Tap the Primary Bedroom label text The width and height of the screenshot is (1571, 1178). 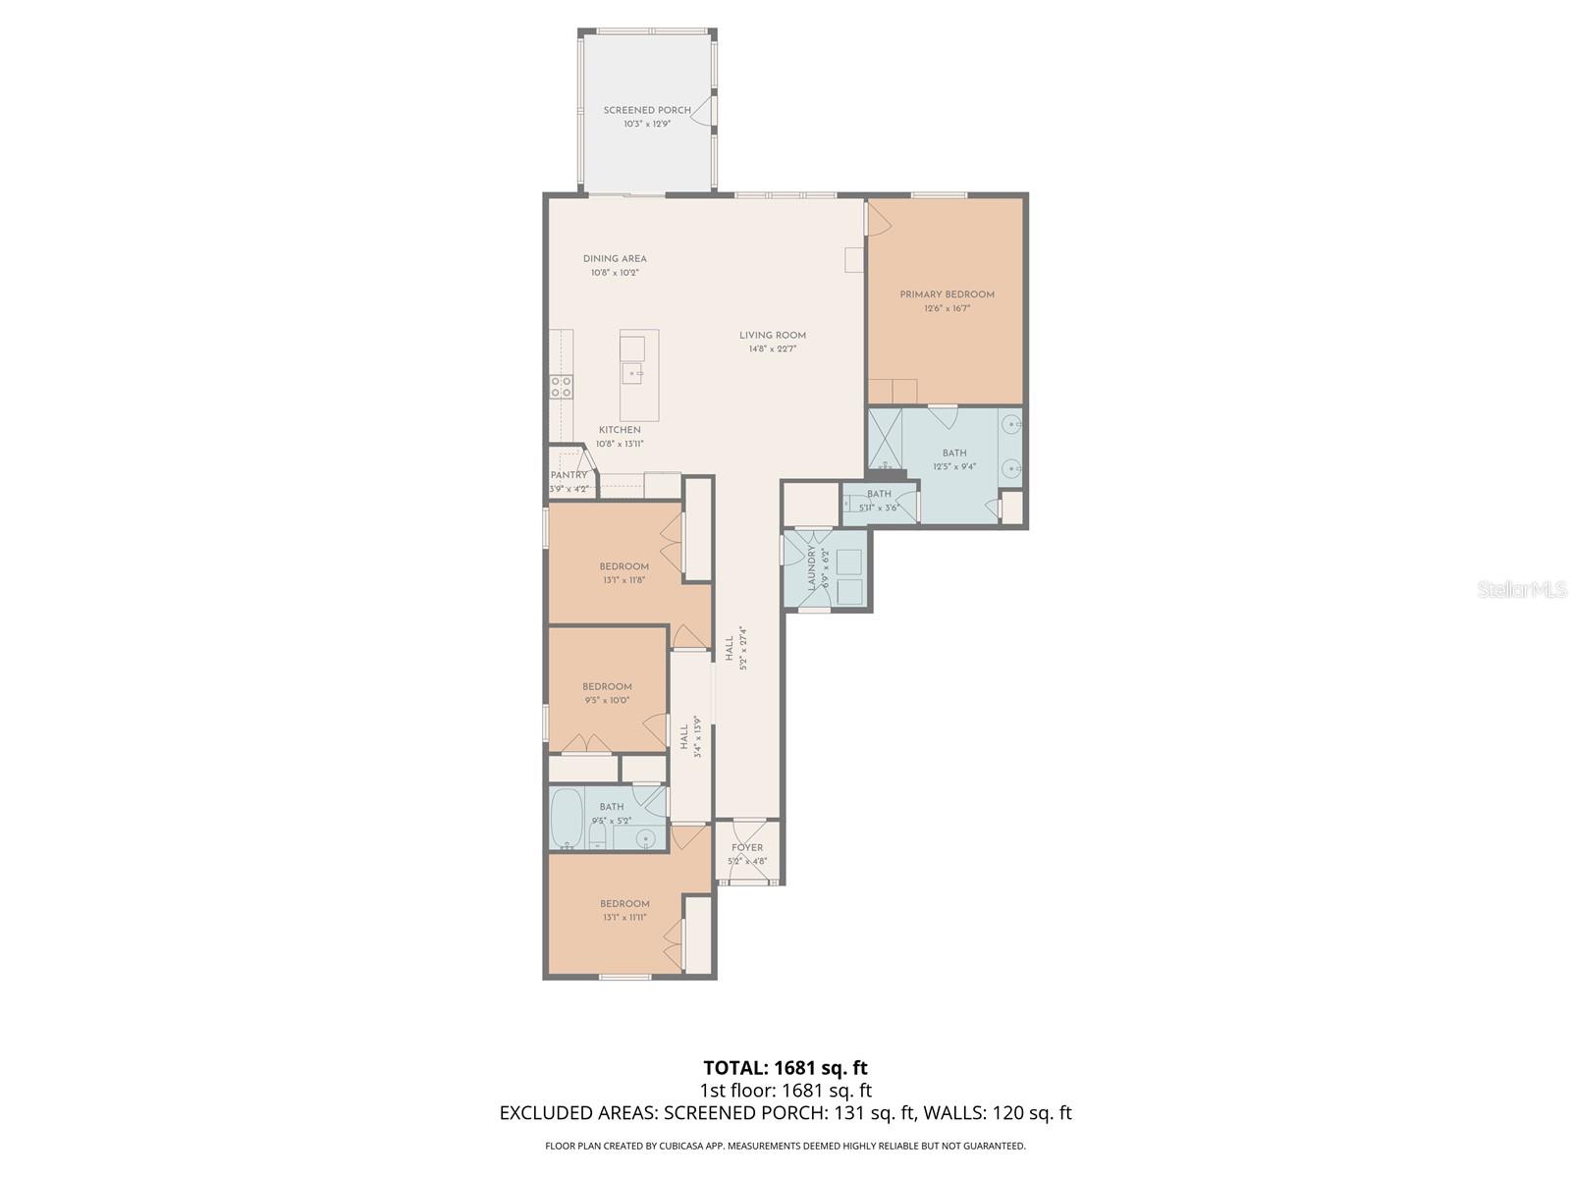pos(947,294)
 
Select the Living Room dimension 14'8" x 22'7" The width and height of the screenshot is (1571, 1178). pos(773,348)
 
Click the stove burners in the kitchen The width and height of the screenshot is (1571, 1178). pos(562,387)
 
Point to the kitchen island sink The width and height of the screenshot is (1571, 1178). pos(634,373)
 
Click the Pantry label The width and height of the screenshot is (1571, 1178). pos(569,475)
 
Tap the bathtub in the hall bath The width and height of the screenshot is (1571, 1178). pos(567,818)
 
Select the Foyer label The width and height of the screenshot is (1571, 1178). pos(747,848)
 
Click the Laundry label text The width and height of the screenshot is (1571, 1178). pos(812,568)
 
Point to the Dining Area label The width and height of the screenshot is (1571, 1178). pos(615,259)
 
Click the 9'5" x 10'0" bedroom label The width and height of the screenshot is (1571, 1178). pos(607,687)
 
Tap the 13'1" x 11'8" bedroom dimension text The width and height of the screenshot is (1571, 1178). pos(624,580)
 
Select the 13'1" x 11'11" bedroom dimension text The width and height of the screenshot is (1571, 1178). pos(624,918)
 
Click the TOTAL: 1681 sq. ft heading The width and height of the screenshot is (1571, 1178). pos(785,1067)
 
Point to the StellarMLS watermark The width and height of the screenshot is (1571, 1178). pos(1523,589)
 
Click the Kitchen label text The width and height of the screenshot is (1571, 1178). pos(620,430)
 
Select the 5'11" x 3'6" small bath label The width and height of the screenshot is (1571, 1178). pos(879,508)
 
